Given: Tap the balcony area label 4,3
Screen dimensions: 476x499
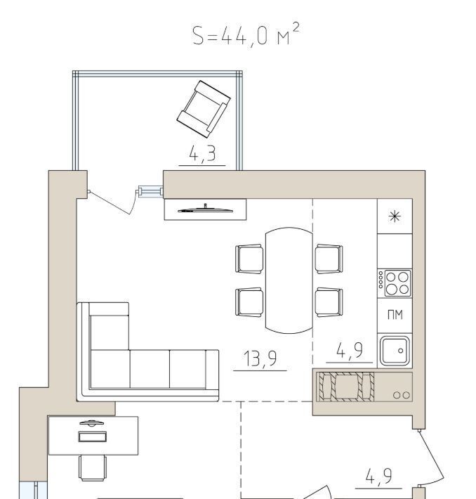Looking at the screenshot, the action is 203,154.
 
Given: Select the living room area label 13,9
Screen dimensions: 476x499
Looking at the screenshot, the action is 260,358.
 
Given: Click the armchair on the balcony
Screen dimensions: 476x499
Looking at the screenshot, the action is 204,109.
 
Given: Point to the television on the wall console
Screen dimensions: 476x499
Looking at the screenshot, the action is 205,209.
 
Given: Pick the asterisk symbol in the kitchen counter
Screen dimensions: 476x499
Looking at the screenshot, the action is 395,216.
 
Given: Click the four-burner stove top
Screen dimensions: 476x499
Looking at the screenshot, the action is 395,283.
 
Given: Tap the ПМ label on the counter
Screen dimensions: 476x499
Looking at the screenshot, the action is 395,315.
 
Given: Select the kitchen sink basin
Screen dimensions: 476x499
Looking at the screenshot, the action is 395,351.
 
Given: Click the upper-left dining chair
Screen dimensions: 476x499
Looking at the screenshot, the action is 249,259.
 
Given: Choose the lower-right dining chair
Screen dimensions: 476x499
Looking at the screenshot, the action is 329,302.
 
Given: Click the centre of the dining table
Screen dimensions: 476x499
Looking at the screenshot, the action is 289,280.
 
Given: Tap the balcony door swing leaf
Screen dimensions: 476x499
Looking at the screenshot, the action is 110,202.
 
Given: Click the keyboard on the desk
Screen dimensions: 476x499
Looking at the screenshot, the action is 93,436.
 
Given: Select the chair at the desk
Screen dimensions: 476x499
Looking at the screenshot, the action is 93,467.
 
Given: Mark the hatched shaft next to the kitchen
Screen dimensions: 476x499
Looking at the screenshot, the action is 347,387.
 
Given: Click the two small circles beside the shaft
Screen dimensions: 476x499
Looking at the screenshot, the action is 402,395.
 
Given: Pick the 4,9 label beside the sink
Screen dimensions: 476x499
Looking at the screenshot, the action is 350,351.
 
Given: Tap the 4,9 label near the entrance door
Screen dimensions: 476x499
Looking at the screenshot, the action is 378,477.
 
